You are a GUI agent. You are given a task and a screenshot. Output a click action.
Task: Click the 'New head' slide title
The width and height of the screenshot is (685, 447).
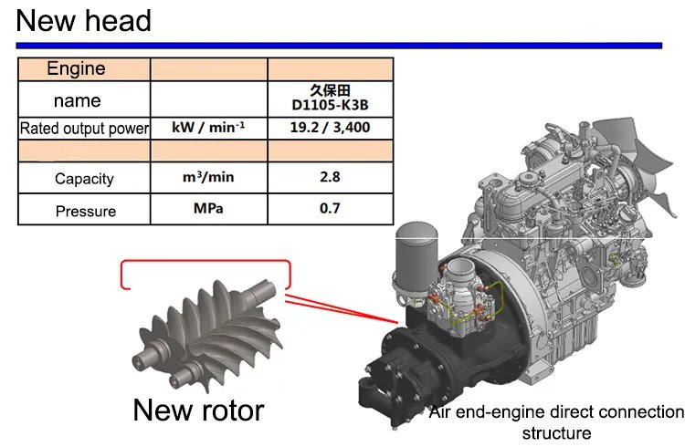pos(83,21)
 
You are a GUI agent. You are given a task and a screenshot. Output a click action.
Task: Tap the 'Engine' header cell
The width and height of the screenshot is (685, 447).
pos(76,68)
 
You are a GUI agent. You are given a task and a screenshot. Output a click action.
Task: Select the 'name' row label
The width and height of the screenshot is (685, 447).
pos(78,101)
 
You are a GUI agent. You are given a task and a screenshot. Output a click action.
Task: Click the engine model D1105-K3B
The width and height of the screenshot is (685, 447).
pos(330,105)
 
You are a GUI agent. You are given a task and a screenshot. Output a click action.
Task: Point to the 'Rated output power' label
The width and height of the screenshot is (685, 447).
pos(84,129)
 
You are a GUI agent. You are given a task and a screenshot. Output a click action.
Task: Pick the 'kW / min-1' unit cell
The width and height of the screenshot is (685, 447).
pos(208,127)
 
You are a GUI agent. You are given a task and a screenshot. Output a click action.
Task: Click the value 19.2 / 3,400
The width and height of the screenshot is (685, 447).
pos(330,128)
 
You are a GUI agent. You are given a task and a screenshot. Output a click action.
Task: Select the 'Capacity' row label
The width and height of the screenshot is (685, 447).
pos(84,179)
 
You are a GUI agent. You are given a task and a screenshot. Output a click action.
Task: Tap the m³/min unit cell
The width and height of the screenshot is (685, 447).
pos(208,177)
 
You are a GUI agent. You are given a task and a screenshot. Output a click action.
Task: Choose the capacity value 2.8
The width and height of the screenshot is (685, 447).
pos(330,177)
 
